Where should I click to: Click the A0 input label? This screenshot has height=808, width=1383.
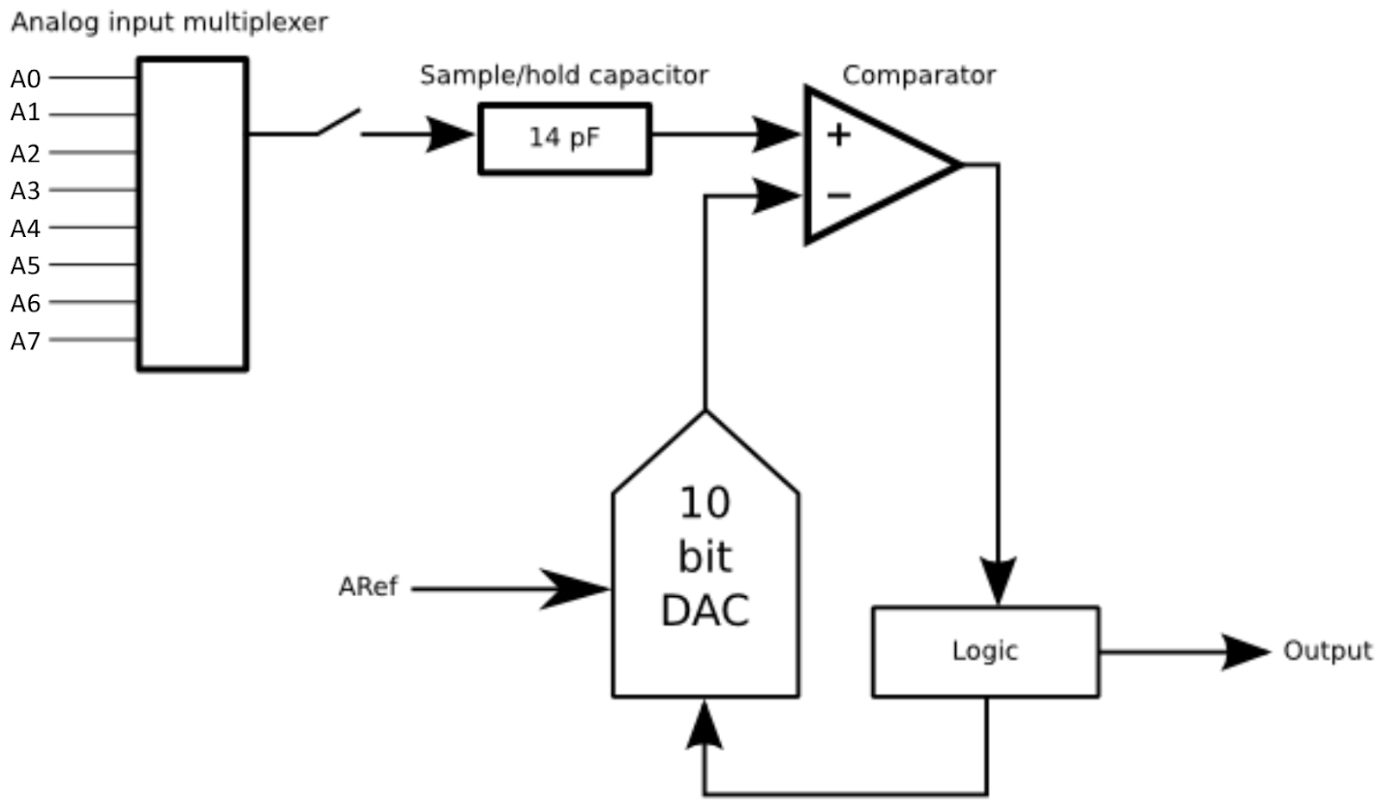[25, 79]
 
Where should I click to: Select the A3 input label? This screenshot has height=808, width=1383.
[25, 190]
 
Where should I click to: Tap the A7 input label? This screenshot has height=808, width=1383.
[25, 341]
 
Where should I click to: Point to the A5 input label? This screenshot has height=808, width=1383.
[25, 266]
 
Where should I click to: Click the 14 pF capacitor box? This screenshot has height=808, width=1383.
[564, 138]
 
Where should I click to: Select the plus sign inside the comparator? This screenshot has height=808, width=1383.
[838, 135]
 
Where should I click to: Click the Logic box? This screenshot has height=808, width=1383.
[985, 651]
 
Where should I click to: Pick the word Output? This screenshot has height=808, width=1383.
[1327, 651]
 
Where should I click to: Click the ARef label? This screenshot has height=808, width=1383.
[367, 587]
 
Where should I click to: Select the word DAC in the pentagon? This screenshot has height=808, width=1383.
[704, 610]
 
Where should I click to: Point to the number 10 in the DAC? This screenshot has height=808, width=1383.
[704, 503]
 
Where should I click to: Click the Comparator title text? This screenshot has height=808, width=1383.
[919, 75]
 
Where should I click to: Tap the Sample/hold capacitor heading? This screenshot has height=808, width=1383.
[564, 75]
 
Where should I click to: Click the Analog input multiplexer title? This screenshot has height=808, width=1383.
[169, 22]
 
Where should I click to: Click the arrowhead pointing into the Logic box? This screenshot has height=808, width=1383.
[998, 580]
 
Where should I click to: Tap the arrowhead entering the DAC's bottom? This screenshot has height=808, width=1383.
[704, 725]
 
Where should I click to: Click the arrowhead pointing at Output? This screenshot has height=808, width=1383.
[1245, 651]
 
